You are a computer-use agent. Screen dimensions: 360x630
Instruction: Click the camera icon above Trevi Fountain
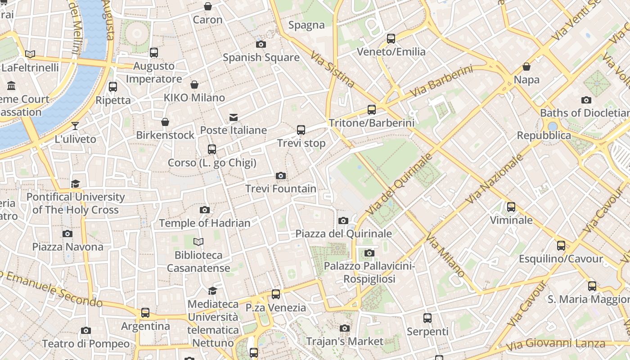(281, 175)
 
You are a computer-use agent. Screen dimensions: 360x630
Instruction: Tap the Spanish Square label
(261, 58)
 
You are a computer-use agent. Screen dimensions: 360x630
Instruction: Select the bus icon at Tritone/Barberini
(372, 109)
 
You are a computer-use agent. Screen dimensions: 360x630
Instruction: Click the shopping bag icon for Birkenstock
(165, 122)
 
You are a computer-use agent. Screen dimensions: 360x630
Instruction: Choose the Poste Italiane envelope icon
(234, 117)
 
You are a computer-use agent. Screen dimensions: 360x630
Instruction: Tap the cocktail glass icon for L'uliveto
(75, 126)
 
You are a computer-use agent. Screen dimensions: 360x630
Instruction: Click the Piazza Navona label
(67, 247)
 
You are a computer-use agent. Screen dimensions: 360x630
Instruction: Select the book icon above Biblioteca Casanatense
(198, 242)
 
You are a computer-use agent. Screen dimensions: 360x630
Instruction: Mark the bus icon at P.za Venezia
(276, 294)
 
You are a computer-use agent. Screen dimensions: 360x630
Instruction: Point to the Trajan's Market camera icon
(345, 328)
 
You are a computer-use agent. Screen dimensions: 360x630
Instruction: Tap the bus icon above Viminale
(511, 207)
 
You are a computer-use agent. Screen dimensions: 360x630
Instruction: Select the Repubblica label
(544, 135)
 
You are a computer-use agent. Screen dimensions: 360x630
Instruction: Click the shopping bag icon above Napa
(526, 67)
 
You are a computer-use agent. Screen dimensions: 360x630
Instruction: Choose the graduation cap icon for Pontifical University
(75, 184)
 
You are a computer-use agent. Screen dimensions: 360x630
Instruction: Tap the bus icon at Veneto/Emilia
(391, 39)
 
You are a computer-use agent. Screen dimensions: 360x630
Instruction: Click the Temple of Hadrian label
(204, 223)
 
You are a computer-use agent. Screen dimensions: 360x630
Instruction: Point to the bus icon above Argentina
(145, 313)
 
